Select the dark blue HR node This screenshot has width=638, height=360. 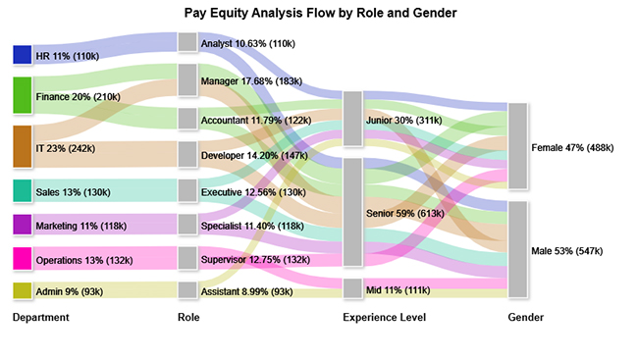pos(22,55)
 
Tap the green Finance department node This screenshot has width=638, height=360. pos(22,96)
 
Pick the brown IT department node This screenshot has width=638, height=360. pos(22,146)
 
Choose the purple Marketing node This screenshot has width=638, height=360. pos(22,226)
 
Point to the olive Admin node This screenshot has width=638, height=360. pos(22,290)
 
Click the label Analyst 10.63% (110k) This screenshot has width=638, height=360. pos(247,43)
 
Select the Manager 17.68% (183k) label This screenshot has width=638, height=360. pos(249,79)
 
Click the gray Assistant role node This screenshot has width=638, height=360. pos(187,290)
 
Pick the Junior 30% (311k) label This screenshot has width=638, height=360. pos(402,120)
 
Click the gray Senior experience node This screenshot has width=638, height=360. pos(352,212)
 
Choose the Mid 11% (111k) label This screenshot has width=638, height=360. pos(397,288)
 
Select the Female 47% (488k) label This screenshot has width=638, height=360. pos(572,147)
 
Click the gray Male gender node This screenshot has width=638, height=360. pos(518,249)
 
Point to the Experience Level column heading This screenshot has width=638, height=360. pos(382,318)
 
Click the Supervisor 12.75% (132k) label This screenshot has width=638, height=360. pos(254,259)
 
